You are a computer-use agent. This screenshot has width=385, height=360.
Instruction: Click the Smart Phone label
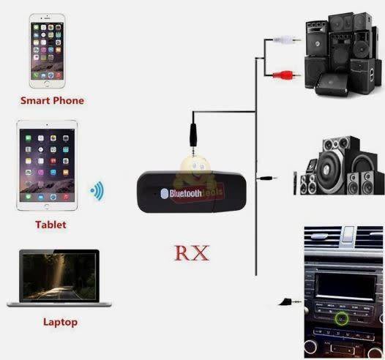(52, 100)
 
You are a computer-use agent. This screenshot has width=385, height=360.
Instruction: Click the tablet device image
(48, 166)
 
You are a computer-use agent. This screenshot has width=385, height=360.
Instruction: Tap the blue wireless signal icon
(97, 192)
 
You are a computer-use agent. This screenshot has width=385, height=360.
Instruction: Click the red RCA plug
(285, 73)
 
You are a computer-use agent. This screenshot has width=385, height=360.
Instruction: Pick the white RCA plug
(285, 42)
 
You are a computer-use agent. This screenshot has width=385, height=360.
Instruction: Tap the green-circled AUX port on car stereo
(342, 318)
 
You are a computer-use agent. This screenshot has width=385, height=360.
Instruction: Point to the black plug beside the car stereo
(287, 301)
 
